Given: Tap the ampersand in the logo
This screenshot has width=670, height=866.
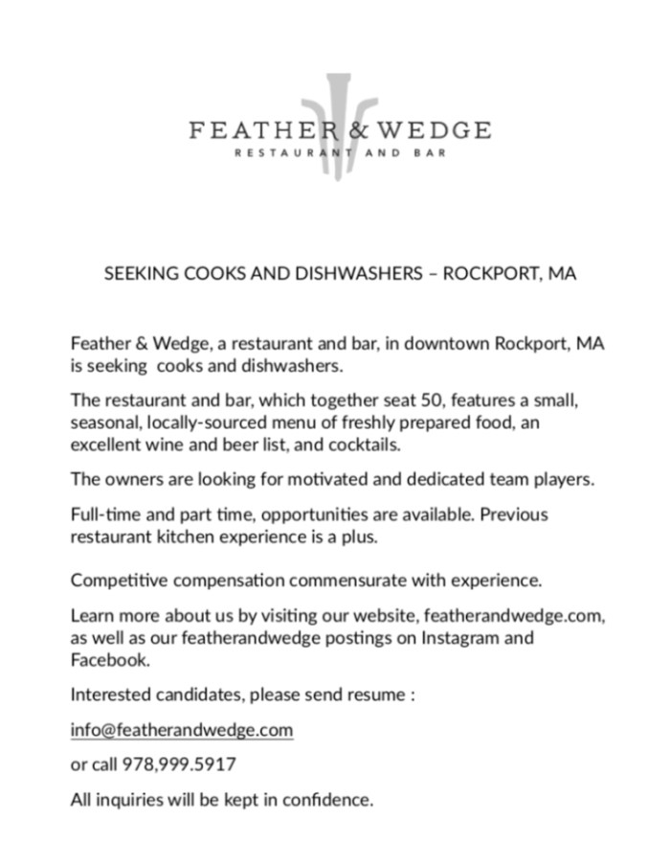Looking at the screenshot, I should coord(360,129).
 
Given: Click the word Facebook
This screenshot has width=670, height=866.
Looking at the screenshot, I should coord(109,660).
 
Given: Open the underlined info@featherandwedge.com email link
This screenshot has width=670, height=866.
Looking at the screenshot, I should coord(182,730).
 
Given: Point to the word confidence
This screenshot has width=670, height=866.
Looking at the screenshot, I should coord(326,798).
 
